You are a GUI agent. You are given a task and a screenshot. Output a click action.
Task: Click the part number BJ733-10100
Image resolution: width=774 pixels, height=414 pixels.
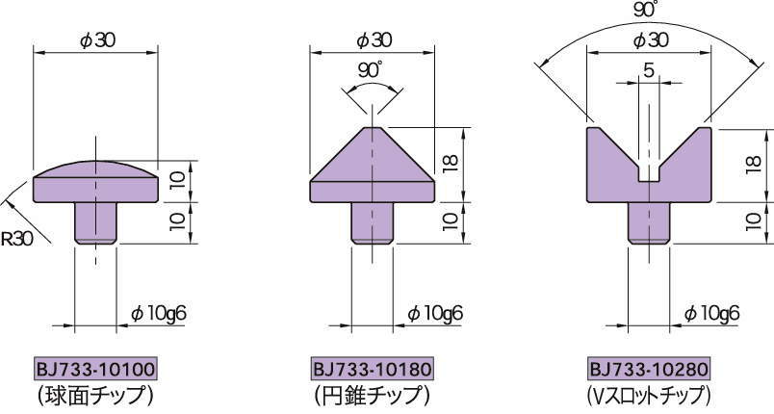[x=95, y=370]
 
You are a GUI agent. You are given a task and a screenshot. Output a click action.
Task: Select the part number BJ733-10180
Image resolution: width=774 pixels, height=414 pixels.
[x=372, y=370]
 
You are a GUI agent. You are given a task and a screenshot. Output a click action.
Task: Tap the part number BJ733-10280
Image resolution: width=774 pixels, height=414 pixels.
[x=649, y=370]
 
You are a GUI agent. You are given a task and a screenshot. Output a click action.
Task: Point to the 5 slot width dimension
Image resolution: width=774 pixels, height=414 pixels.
[x=649, y=70]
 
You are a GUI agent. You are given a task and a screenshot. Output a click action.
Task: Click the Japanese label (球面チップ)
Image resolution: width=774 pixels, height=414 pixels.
[x=94, y=394]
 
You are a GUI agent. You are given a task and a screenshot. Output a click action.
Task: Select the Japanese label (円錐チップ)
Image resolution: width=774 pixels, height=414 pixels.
[x=371, y=394]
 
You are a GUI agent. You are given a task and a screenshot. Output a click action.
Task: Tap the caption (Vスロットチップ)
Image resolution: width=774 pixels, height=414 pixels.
[x=648, y=394]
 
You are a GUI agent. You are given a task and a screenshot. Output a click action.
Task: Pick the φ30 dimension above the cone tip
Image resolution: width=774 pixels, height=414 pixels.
[x=373, y=39]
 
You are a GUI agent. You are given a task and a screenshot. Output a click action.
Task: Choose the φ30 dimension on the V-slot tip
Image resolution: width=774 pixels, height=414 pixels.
[x=649, y=39]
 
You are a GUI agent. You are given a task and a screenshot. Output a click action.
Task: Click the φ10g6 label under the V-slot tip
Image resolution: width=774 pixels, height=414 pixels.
[x=711, y=313]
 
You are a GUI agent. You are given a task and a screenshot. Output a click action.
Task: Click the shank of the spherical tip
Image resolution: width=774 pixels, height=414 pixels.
[x=95, y=222]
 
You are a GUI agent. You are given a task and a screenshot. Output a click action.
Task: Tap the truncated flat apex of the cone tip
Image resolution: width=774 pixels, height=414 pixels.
[x=372, y=127]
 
